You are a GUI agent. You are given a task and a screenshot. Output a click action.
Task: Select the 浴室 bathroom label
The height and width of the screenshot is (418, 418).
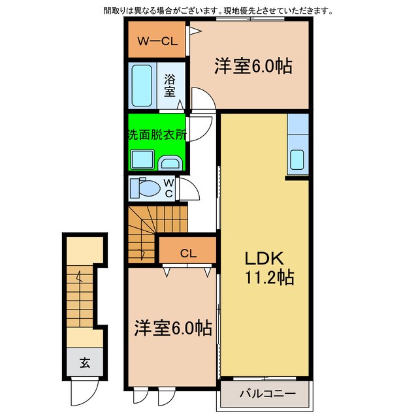(x=170, y=86)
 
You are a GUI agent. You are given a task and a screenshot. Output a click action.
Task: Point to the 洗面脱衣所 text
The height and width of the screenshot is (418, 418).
(x=156, y=136)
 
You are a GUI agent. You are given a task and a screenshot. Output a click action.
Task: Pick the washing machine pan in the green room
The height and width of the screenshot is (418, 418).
(x=140, y=159)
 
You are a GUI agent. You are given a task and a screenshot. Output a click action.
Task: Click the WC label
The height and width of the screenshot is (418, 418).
(x=169, y=188)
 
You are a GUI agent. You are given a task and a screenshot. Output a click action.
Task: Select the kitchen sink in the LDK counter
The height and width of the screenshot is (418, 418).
(x=297, y=159)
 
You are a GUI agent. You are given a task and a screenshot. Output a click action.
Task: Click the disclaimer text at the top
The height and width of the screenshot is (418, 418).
(x=217, y=11)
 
